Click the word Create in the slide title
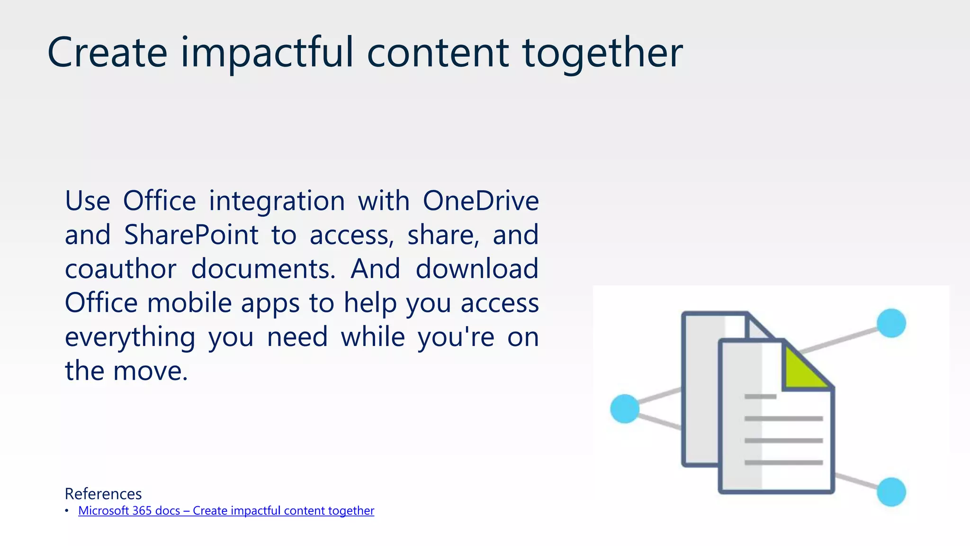point(108,52)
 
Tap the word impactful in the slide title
point(267,52)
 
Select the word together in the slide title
point(602,52)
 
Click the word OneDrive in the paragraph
point(480,200)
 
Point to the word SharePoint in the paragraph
point(191,235)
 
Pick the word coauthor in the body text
point(120,269)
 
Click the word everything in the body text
point(130,337)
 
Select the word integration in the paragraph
point(277,200)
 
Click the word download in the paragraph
point(477,269)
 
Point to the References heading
point(103,494)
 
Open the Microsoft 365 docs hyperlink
point(226,511)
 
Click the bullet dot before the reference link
point(67,511)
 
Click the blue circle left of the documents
point(625,409)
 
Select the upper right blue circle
point(891,323)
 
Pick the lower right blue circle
point(891,492)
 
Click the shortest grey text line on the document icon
point(760,397)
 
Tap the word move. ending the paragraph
point(151,371)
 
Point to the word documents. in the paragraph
point(263,269)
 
